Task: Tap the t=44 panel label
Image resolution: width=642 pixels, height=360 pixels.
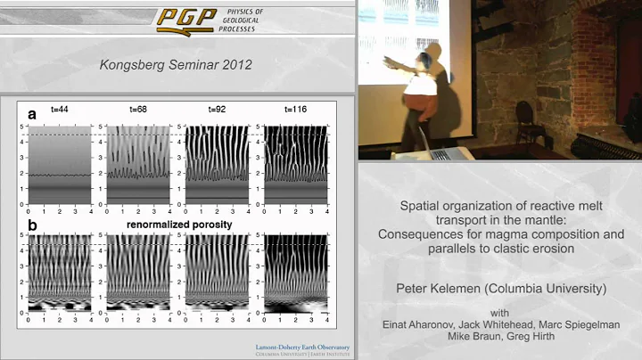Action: [x=60, y=110]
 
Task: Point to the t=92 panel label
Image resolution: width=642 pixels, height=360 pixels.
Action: [x=218, y=110]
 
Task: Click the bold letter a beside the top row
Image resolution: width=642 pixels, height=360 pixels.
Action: [x=31, y=114]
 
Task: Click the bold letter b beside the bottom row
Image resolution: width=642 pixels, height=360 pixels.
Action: [x=31, y=225]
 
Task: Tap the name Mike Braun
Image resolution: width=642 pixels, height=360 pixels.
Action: [x=478, y=339]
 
